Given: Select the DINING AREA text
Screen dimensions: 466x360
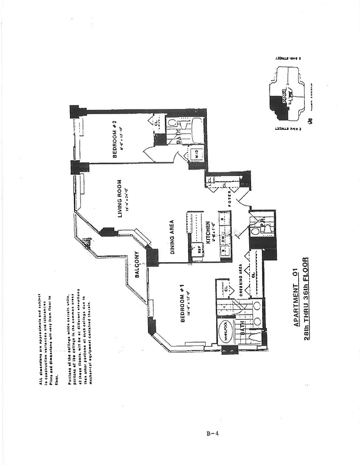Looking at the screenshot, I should [171, 237].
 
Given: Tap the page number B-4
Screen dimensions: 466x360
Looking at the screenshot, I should [211, 433].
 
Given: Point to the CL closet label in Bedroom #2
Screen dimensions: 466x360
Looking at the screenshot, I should [156, 122].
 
